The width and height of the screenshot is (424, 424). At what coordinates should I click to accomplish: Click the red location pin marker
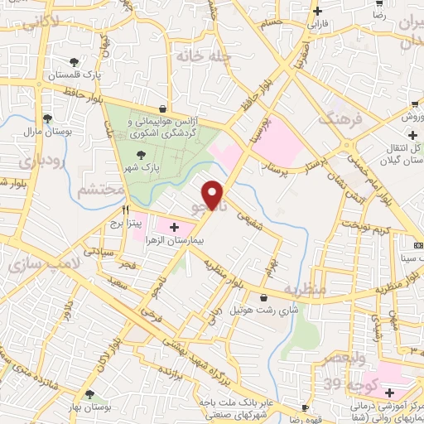point(214,195)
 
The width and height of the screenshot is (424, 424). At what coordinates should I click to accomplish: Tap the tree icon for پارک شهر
point(142,154)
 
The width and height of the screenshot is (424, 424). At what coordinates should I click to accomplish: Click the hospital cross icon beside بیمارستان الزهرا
point(174,226)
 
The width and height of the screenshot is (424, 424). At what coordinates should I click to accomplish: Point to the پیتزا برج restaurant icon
point(126,210)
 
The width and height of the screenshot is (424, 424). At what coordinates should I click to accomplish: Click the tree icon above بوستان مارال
point(47,118)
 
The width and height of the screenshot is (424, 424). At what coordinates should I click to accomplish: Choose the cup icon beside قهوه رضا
point(305,408)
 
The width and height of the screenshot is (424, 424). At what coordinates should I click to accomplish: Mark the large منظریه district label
point(303,291)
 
